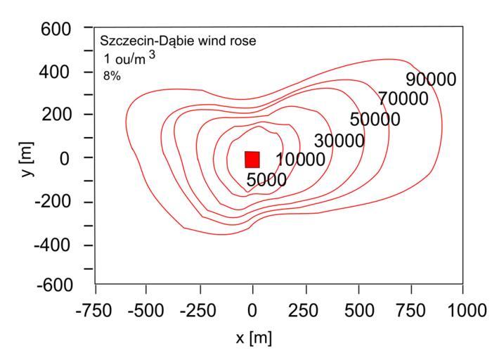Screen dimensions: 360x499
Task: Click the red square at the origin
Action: pos(252,159)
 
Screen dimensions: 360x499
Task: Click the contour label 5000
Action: pos(266,180)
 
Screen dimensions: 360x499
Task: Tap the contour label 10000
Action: pos(301,160)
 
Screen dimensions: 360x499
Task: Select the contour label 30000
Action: pos(339,141)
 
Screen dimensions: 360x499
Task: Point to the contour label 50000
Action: pos(375,120)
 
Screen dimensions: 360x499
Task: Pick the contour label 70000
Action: pos(403,99)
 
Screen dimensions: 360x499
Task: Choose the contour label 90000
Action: pos(431,79)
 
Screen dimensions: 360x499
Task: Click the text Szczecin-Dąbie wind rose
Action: pos(178,41)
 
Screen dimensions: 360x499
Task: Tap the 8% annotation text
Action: pos(111,77)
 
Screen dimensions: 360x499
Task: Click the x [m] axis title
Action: pos(253,338)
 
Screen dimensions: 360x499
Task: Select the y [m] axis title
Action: pos(27,157)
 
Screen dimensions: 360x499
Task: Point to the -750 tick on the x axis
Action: pos(96,309)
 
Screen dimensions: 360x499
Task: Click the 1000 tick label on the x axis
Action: pos(462,309)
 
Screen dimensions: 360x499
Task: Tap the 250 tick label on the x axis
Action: pos(305,309)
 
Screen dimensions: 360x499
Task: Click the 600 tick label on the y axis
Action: pos(57,30)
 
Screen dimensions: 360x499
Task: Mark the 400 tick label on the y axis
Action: pos(57,72)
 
